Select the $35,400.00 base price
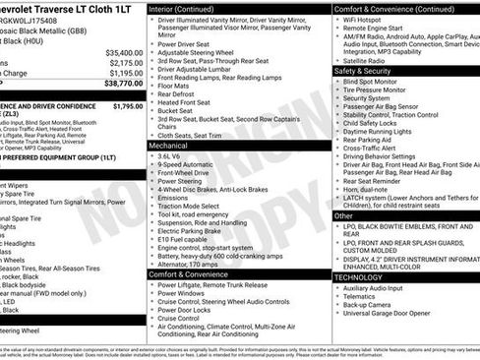click(x=124, y=52)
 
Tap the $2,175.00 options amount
click(x=126, y=63)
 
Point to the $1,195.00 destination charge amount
click(x=126, y=74)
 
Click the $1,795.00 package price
click(x=127, y=104)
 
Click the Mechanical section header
click(x=171, y=146)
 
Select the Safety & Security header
click(x=363, y=72)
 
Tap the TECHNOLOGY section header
click(x=359, y=277)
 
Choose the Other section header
click(x=343, y=215)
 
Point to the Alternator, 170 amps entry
click(x=191, y=264)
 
